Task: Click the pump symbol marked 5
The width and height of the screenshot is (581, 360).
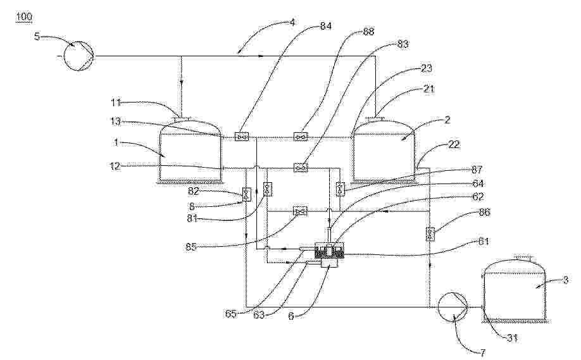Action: [78, 56]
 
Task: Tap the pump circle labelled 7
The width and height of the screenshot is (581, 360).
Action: [453, 307]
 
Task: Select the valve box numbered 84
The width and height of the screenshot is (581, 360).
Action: [242, 137]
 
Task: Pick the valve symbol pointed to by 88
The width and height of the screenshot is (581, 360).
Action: [301, 137]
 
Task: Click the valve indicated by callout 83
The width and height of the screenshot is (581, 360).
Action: [301, 168]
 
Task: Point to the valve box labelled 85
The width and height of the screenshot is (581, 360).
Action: [300, 211]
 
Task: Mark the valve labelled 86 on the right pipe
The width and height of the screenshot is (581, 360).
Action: [430, 234]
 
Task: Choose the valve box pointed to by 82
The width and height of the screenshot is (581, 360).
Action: [246, 194]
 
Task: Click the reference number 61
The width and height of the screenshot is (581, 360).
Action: [483, 242]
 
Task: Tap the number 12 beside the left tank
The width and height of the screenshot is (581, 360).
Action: [116, 166]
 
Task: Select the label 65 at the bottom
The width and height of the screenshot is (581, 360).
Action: [232, 314]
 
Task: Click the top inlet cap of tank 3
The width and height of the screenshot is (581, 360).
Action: [523, 257]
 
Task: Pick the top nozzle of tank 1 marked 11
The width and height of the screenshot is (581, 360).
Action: [181, 118]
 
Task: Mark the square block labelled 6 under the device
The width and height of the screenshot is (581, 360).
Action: [329, 263]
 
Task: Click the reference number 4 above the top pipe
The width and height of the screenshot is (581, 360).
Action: [292, 23]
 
